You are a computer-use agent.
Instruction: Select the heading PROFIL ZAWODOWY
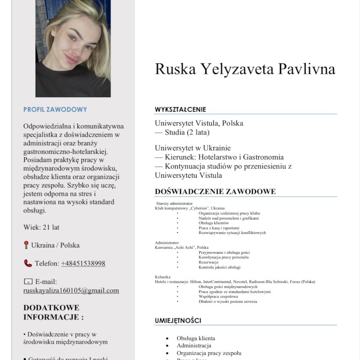[55, 109]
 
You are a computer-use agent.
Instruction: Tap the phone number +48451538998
[83, 263]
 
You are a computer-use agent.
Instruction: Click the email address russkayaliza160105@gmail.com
[71, 290]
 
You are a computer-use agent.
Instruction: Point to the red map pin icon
[26, 245]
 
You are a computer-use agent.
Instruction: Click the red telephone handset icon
[28, 263]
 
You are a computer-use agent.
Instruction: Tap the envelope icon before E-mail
[28, 281]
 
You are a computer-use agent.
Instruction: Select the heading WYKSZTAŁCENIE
[180, 109]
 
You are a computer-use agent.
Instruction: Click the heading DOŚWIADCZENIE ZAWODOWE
[215, 192]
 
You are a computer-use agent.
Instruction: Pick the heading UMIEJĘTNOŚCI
[178, 320]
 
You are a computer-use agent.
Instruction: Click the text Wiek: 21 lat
[41, 227]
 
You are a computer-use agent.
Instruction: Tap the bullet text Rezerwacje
[208, 262]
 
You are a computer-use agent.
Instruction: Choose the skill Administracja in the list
[193, 345]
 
